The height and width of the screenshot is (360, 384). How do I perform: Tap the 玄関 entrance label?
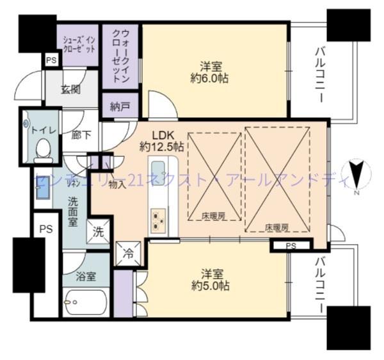point(70,90)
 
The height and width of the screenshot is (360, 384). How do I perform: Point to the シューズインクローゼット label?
point(79,44)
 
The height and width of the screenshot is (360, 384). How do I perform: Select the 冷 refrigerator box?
point(127,251)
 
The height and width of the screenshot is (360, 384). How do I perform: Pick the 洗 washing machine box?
point(99,232)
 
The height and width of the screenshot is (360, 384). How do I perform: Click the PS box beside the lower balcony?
point(291,245)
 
